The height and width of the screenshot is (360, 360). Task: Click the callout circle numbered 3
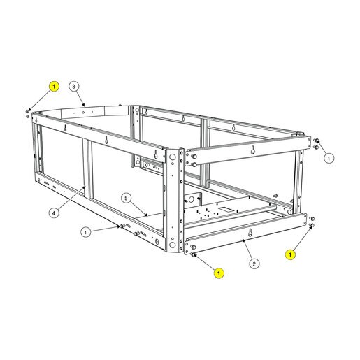[74, 87]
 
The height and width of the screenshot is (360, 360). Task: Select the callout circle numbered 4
[54, 213]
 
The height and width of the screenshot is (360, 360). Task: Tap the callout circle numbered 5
[126, 199]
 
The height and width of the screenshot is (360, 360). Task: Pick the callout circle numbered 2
[254, 264]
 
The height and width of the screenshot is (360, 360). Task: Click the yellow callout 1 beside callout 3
[54, 87]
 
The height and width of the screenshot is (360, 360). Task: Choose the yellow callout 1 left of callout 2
[219, 273]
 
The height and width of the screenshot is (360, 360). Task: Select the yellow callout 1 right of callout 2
[290, 254]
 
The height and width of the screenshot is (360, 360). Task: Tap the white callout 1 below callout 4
[86, 232]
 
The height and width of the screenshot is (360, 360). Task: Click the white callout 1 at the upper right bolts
[329, 159]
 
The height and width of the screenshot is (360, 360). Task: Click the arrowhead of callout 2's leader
[243, 240]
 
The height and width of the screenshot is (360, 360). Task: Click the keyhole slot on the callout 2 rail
[250, 232]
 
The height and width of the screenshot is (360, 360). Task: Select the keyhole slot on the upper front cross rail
[253, 150]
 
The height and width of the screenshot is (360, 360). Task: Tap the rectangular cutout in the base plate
[225, 210]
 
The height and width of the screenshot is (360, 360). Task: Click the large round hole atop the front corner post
[173, 157]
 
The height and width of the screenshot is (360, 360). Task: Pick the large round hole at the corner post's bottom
[172, 245]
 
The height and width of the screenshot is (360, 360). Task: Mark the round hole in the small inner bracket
[191, 199]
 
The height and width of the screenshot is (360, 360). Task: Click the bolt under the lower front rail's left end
[193, 255]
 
